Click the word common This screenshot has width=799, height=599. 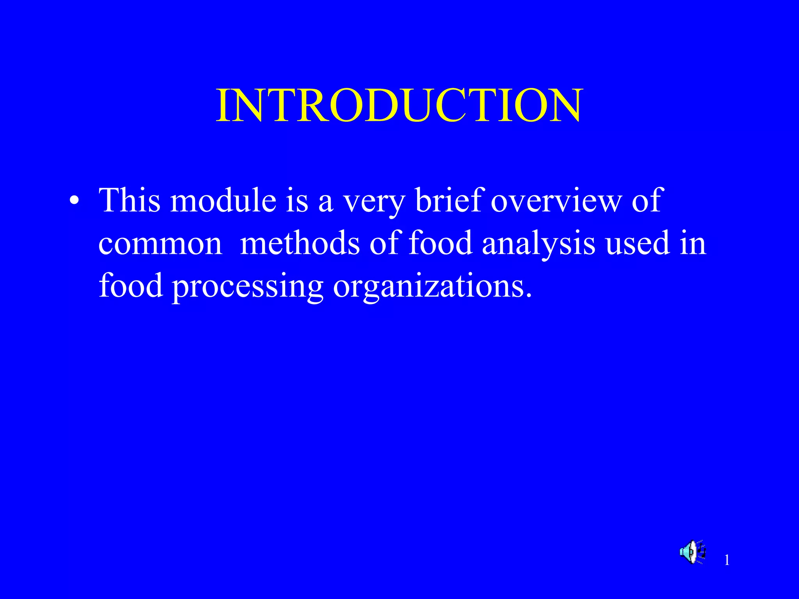click(x=160, y=244)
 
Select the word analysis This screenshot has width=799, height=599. click(x=538, y=244)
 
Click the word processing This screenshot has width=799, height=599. click(x=248, y=287)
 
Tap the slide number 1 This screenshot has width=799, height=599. click(x=727, y=560)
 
